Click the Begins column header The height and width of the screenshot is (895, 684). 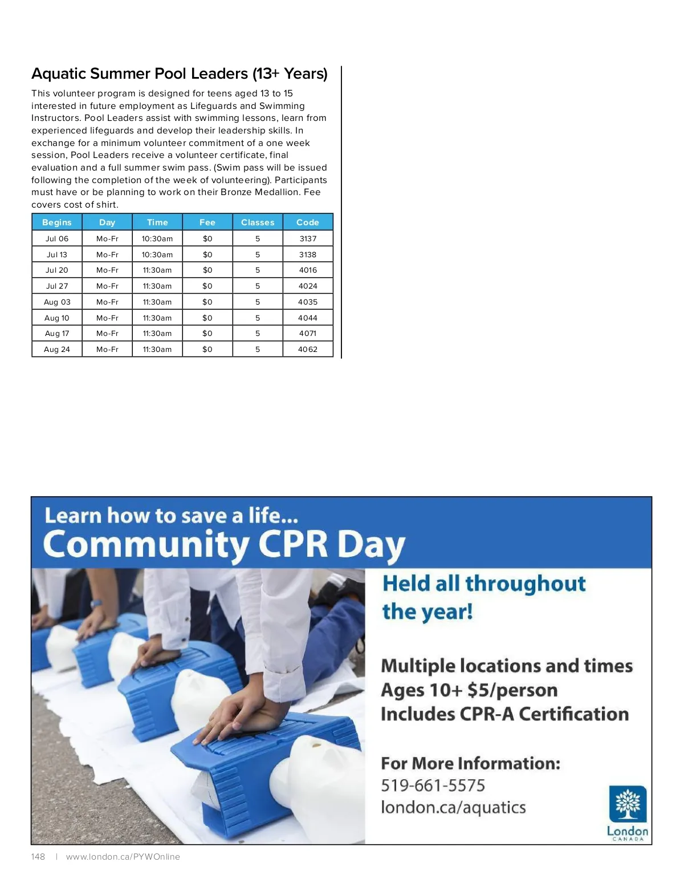[57, 222]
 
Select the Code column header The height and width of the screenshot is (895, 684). [308, 222]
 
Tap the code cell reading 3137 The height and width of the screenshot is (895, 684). [308, 238]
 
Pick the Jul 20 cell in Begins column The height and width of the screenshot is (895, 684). [57, 270]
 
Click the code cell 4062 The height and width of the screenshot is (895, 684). [308, 349]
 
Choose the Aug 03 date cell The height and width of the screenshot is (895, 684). [57, 302]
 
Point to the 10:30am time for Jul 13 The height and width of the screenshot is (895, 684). [157, 254]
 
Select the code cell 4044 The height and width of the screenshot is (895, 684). [308, 318]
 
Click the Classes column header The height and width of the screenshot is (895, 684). [258, 222]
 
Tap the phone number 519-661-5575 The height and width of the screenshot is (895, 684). [433, 785]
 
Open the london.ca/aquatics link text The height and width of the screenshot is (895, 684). [453, 808]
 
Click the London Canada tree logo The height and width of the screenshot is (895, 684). [628, 804]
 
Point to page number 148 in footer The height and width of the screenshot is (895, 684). [38, 857]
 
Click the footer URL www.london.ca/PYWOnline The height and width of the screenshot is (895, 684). [123, 857]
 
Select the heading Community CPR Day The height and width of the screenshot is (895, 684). [223, 545]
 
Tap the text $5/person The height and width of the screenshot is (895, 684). [512, 690]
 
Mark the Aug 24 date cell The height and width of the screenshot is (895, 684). [57, 349]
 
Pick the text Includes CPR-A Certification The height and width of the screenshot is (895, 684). [504, 714]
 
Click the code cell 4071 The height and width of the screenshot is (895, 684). [308, 333]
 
